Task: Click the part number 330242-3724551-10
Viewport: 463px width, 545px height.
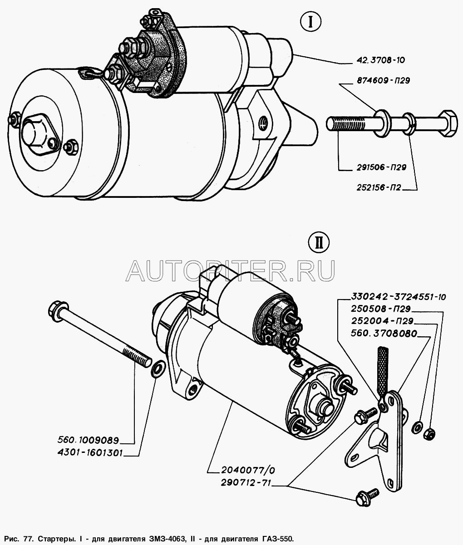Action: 398,297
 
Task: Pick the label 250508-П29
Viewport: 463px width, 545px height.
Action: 380,309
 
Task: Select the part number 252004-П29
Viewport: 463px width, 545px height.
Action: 380,321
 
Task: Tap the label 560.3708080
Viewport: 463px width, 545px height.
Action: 384,334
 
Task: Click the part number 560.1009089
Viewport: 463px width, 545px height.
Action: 88,440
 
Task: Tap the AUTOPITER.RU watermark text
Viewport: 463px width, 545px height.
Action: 230,270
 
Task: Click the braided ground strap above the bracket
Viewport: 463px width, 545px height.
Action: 383,368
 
